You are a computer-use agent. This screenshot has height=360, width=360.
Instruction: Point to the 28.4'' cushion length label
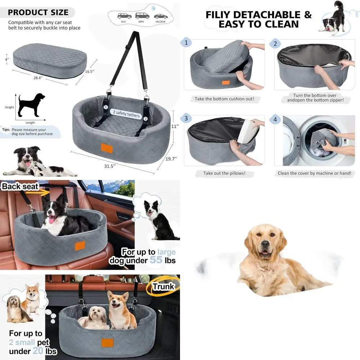(38, 77)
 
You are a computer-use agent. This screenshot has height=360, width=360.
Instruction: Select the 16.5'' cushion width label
(90, 71)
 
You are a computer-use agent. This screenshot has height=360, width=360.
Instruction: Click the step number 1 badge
(186, 43)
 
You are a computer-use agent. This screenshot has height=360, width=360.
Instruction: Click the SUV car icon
(124, 16)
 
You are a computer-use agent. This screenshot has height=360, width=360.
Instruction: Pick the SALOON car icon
(160, 17)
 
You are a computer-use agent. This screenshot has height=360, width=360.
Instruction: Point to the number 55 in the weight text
(156, 260)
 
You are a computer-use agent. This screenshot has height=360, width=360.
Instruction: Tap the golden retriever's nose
(265, 244)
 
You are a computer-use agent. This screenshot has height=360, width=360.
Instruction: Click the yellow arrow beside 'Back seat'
(43, 193)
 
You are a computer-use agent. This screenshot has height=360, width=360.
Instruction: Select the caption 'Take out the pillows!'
(224, 173)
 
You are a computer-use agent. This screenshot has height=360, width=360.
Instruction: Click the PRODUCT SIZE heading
(38, 13)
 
